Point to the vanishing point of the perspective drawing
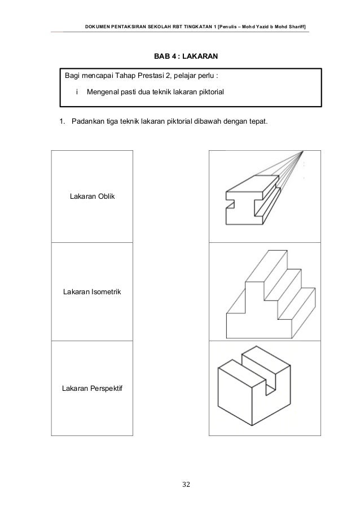303,151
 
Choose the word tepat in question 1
257,123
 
